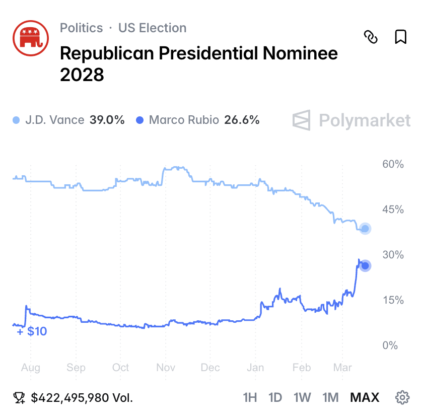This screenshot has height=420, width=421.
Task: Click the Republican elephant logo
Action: [x=30, y=39]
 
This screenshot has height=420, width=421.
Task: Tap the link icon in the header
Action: [x=371, y=37]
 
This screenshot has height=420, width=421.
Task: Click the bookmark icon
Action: [x=400, y=37]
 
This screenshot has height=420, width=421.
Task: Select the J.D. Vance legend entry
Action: [x=68, y=120]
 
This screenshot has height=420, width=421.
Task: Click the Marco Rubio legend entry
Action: [x=197, y=120]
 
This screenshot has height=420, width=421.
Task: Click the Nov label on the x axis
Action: [x=166, y=368]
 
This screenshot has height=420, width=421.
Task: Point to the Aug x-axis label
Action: [x=31, y=368]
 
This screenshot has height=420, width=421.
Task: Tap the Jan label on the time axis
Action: [x=255, y=368]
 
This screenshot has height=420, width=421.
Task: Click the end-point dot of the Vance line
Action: [x=365, y=229]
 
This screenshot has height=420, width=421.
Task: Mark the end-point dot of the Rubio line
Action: [x=365, y=266]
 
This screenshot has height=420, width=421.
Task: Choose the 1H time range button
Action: [x=249, y=398]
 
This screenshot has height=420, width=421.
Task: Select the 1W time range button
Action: [x=302, y=398]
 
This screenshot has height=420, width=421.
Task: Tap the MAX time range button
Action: [x=365, y=398]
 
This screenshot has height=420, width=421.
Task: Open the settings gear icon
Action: [x=402, y=398]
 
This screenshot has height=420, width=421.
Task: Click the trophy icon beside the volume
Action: [x=19, y=398]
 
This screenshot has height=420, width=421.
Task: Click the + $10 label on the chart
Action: [x=32, y=332]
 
